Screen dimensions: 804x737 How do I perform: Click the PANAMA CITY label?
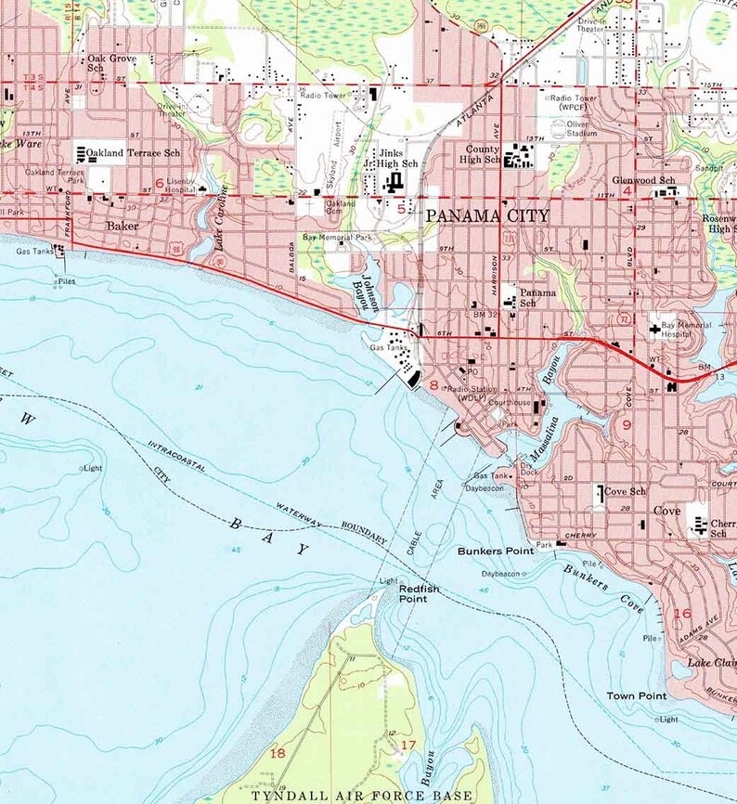click(487, 215)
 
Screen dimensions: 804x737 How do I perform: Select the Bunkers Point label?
click(495, 551)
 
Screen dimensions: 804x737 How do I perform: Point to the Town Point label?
click(637, 695)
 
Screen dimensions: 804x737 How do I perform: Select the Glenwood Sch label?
click(643, 180)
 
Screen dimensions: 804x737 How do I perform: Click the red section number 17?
click(408, 746)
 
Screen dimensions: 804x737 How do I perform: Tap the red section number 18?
click(277, 753)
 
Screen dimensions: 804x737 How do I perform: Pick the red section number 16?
click(682, 614)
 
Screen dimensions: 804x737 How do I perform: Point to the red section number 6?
click(160, 184)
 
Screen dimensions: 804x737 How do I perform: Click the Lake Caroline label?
click(222, 227)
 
